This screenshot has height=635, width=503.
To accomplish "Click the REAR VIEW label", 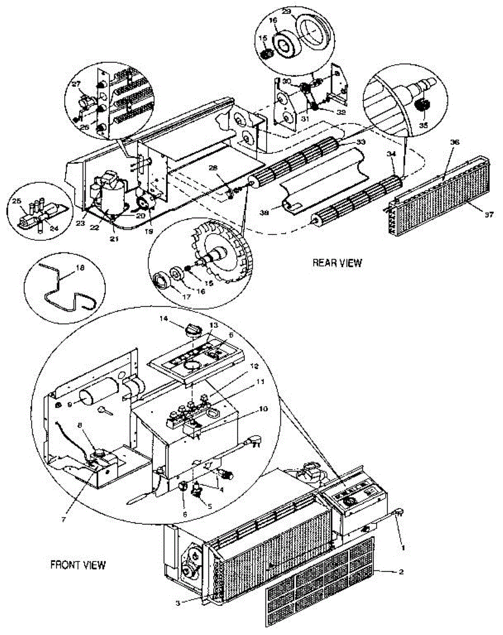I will [336, 262].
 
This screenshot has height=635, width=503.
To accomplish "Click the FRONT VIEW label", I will [78, 565].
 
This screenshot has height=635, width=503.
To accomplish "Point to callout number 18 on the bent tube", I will [80, 269].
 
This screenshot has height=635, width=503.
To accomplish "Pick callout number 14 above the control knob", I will [163, 319].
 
